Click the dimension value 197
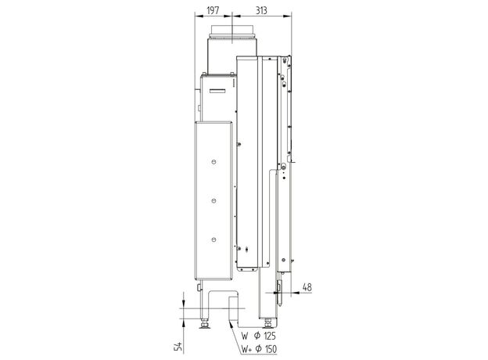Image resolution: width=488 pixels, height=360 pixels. pyautogui.click(x=213, y=10)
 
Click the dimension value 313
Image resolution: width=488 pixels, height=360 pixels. pyautogui.click(x=261, y=10)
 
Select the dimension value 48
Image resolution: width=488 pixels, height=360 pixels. pyautogui.click(x=307, y=287)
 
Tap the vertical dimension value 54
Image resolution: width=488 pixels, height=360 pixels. pyautogui.click(x=178, y=346)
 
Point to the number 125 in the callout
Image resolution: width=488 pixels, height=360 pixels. pyautogui.click(x=270, y=336)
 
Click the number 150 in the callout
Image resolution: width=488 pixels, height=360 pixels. pyautogui.click(x=270, y=349)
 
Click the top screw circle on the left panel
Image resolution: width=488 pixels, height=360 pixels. pyautogui.click(x=213, y=162)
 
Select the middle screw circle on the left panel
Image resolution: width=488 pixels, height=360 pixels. pyautogui.click(x=213, y=200)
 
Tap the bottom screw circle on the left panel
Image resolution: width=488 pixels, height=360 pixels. pyautogui.click(x=213, y=239)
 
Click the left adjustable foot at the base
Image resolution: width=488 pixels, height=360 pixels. pyautogui.click(x=204, y=324)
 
